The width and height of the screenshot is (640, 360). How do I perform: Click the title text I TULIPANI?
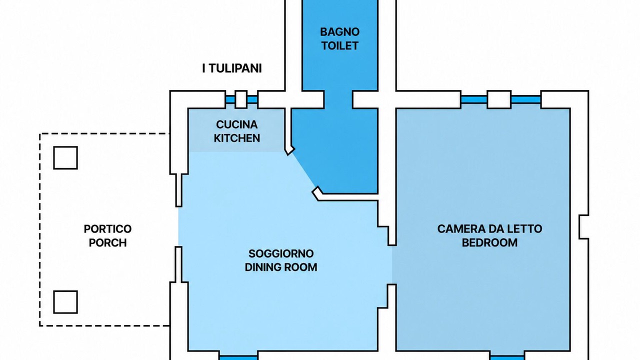(231, 68)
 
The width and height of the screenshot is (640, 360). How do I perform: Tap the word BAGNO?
(339, 32)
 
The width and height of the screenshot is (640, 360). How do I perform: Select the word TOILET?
(339, 45)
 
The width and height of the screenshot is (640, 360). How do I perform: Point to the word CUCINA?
(237, 124)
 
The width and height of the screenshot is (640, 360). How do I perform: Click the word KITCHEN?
(237, 138)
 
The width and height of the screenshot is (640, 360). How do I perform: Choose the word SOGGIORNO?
(281, 253)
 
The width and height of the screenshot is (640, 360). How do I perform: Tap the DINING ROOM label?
(281, 267)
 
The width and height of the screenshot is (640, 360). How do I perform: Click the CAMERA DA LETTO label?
(489, 229)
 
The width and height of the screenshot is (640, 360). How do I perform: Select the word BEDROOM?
(489, 243)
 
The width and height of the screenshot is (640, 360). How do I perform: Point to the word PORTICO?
(107, 229)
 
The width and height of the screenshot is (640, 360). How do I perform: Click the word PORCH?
(107, 243)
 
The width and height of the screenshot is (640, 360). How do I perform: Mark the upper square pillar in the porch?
(65, 157)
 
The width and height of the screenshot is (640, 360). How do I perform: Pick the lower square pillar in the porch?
(65, 302)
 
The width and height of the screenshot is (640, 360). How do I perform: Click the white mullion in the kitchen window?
(241, 99)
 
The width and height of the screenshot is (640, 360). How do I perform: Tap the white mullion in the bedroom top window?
(499, 99)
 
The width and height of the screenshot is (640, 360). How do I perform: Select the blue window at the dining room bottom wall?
(238, 357)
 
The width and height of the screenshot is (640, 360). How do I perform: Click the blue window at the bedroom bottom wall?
(507, 357)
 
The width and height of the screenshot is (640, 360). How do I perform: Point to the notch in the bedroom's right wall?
(584, 227)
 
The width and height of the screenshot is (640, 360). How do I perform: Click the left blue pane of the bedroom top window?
(474, 99)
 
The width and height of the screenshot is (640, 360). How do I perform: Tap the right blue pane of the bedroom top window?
(526, 99)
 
